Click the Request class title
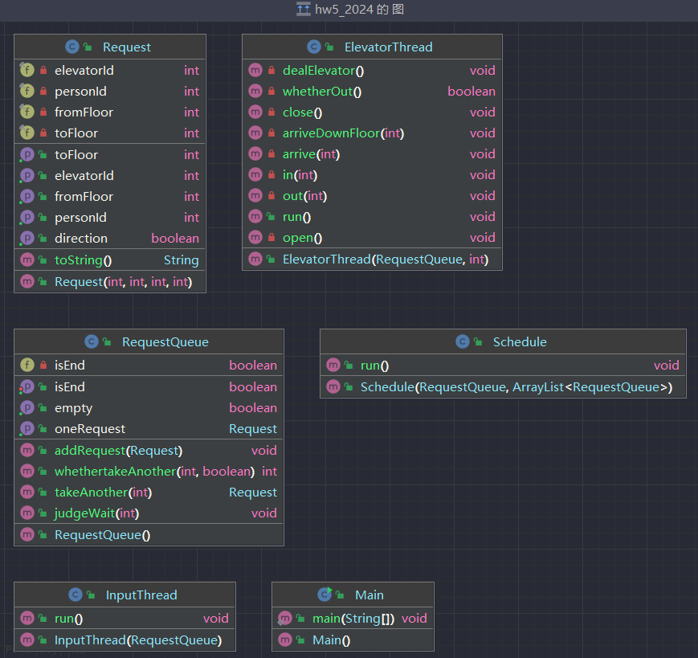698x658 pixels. (127, 47)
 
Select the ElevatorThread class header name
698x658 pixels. (388, 47)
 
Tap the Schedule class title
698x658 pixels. (520, 342)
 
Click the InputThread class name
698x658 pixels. (141, 595)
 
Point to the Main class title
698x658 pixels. (369, 595)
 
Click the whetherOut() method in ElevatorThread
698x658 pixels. (322, 92)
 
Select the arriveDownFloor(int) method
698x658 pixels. (343, 133)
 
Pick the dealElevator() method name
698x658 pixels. (323, 71)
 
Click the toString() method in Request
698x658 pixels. (84, 260)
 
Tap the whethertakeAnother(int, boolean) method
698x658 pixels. (154, 472)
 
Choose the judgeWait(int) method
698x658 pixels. (96, 513)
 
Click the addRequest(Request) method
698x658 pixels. (118, 451)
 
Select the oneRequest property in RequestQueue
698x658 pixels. (90, 429)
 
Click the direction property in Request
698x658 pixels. (81, 238)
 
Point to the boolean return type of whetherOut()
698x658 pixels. (471, 92)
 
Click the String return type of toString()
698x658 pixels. (182, 260)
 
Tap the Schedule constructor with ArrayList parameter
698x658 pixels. (516, 387)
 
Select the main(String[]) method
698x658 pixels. (353, 619)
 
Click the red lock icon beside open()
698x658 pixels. (271, 237)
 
